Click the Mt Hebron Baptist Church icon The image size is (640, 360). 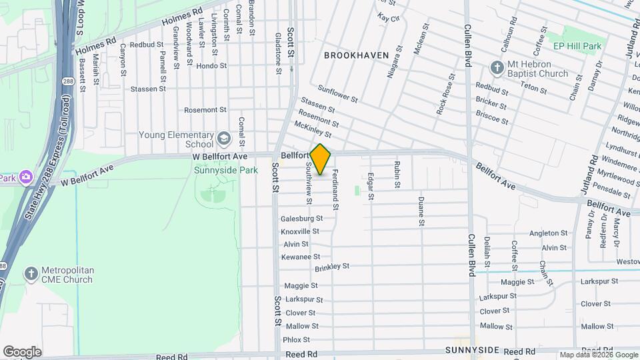tap(497, 68)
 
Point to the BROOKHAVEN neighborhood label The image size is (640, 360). tap(356, 55)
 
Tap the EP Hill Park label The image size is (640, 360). tap(577, 46)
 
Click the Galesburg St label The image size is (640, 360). tap(301, 218)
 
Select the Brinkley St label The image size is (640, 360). tap(332, 267)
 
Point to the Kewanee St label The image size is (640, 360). tap(300, 256)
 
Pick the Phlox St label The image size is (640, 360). tap(292, 339)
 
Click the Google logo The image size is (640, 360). tap(22, 351)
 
